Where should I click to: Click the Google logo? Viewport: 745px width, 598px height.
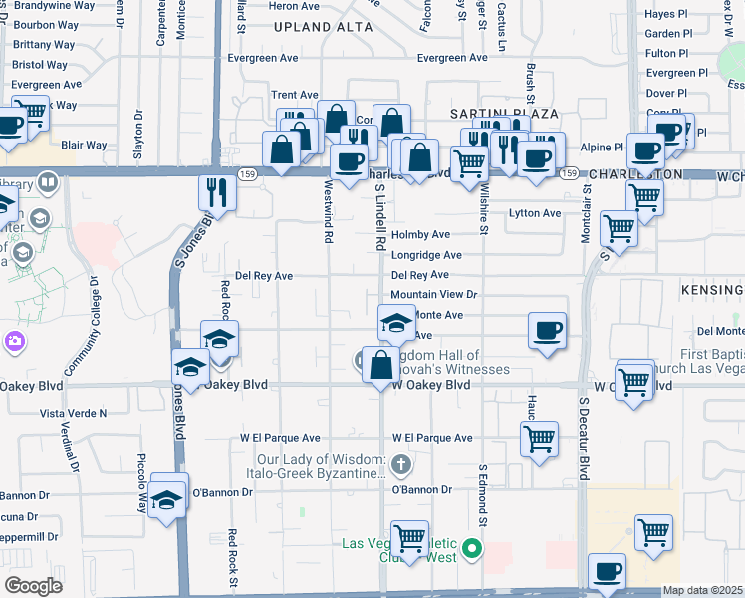pos(34,586)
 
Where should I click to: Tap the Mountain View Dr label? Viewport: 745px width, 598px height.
pos(434,295)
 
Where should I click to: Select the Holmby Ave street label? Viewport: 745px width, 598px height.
pos(420,235)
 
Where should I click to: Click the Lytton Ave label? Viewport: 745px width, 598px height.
pos(535,213)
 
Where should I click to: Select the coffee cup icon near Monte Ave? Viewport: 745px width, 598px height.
pos(546,331)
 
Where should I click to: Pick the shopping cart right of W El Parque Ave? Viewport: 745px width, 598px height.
pos(539,438)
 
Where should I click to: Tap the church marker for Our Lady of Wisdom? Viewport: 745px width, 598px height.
pos(400,464)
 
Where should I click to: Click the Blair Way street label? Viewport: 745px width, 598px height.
pos(84,145)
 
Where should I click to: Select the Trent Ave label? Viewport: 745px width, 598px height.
pos(294,95)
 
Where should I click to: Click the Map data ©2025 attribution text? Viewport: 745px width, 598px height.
pos(702,590)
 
